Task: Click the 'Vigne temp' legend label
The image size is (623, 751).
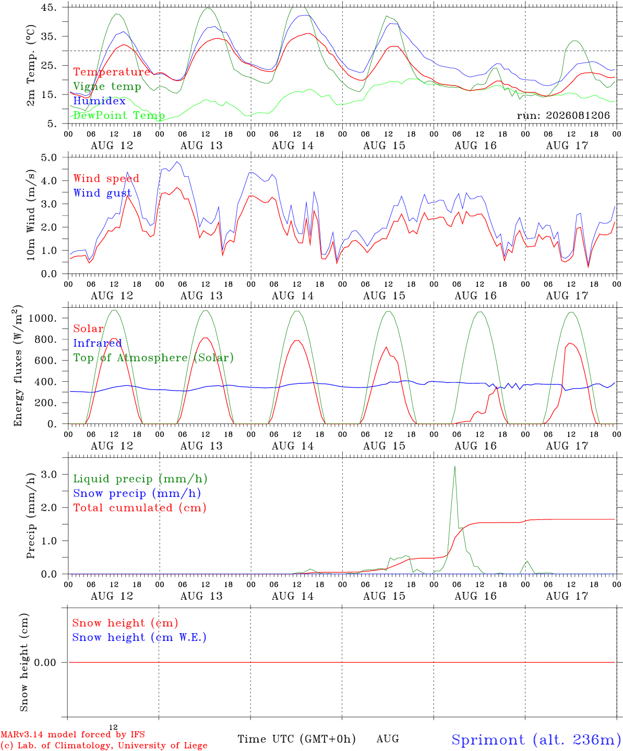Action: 107,87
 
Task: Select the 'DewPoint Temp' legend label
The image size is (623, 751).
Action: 119,115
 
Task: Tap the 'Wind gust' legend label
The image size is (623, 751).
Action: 102,193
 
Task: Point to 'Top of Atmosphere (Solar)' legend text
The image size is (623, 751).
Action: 153,358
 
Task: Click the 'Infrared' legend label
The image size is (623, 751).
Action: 97,343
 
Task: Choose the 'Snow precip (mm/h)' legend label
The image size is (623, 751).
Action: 137,493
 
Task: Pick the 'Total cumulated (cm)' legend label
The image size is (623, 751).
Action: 140,507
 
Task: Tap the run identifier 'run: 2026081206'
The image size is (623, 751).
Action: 563,115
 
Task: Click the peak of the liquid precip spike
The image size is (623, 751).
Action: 455,466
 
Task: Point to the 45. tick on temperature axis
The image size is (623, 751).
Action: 49,7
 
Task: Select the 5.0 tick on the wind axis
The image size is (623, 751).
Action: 49,158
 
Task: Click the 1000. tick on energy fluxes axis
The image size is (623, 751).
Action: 42,318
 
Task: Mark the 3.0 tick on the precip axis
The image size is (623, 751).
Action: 49,474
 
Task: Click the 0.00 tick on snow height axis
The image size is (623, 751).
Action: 45,662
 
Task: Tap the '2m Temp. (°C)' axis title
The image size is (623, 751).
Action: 31,65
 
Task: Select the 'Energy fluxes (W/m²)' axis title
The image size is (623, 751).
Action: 18,366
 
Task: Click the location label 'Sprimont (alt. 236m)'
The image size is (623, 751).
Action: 536,739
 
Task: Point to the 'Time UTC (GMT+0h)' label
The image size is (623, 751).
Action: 296,738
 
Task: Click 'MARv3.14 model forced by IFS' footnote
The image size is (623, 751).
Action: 73,734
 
